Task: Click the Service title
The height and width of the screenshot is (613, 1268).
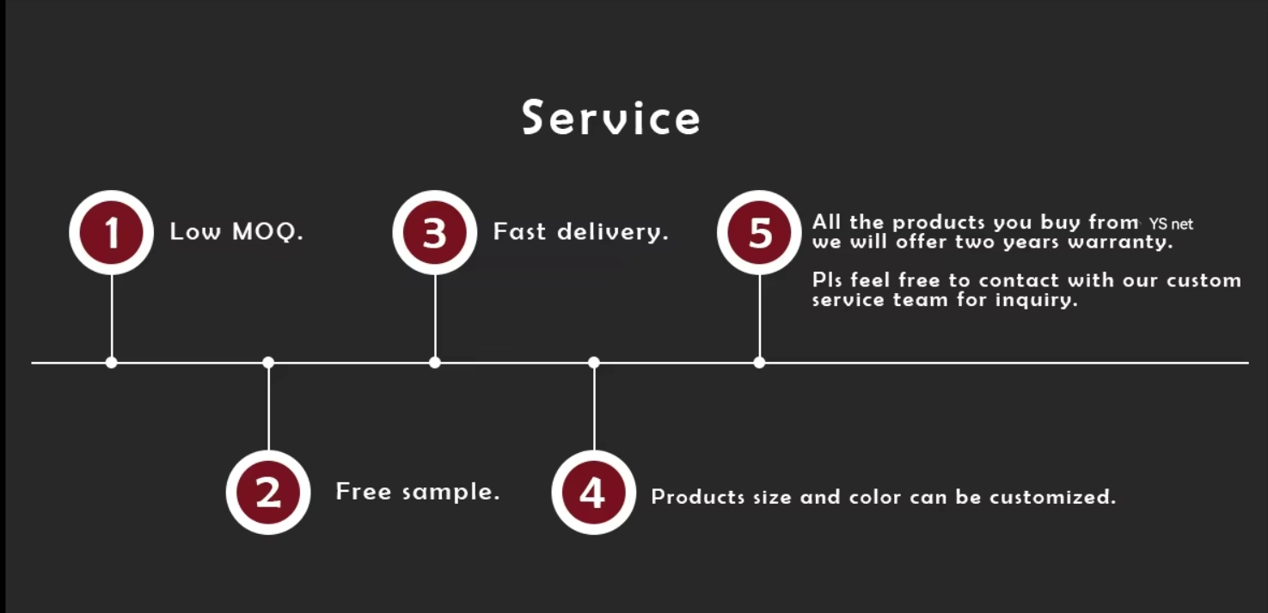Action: (x=611, y=118)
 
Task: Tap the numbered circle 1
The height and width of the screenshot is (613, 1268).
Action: (x=112, y=232)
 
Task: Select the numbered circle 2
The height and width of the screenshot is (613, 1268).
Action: (x=268, y=493)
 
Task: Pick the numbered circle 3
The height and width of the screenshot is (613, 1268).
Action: (x=435, y=232)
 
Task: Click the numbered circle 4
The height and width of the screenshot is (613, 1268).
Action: (x=593, y=493)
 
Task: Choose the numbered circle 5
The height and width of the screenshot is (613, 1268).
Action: (x=760, y=232)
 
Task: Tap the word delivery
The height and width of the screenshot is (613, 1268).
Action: (x=613, y=231)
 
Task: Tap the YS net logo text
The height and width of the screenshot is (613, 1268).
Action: (x=1171, y=224)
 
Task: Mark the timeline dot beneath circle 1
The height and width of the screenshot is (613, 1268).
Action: (x=112, y=363)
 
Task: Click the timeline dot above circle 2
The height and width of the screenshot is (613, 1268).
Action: (x=268, y=363)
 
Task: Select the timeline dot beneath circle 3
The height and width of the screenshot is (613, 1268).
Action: (x=435, y=363)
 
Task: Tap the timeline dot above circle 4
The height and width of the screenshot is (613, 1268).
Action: (x=594, y=363)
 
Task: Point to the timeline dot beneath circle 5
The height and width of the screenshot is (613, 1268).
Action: (x=759, y=363)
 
